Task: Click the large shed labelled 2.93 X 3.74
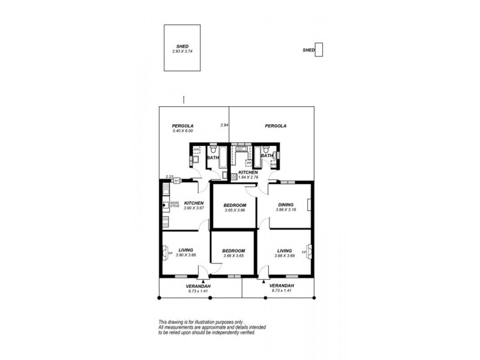click(x=182, y=49)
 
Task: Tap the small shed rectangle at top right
click(x=319, y=50)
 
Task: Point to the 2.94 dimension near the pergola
click(x=224, y=125)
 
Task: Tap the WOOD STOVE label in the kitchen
click(x=175, y=204)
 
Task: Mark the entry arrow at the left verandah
click(x=204, y=280)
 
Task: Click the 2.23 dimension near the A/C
click(x=170, y=176)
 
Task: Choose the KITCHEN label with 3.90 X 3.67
click(x=193, y=203)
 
